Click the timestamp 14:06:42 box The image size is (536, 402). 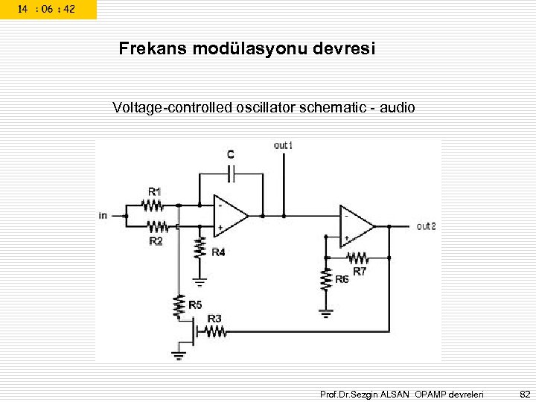47,9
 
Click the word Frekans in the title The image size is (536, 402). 153,49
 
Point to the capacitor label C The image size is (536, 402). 231,154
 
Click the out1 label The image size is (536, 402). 283,145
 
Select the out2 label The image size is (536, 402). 426,226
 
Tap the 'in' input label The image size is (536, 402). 103,216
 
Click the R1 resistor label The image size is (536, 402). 155,191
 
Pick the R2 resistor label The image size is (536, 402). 156,241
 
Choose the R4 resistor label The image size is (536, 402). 218,252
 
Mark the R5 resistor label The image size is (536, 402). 195,304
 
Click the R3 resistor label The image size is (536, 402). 214,319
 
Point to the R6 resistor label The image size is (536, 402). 342,279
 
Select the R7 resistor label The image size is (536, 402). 360,272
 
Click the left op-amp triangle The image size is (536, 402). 229,215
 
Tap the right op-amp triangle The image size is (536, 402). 355,226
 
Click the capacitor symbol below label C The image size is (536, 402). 232,174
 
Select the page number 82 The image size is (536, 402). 525,393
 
